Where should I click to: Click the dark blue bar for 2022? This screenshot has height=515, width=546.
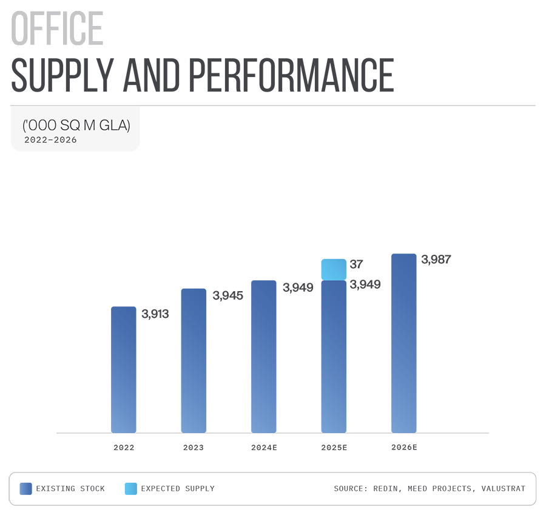click(x=124, y=369)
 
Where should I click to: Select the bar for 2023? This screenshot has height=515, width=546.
click(x=194, y=360)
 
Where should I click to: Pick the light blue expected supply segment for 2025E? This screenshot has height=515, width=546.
click(x=334, y=269)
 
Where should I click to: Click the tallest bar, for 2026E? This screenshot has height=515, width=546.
click(x=404, y=343)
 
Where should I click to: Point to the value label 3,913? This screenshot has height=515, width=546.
click(x=155, y=314)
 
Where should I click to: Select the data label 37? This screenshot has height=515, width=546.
click(x=357, y=265)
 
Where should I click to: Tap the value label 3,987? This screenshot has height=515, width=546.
click(x=436, y=260)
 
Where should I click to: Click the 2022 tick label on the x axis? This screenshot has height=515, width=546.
click(x=124, y=448)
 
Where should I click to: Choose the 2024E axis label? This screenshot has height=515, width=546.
click(x=264, y=448)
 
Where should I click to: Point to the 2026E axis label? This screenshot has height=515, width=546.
click(x=404, y=448)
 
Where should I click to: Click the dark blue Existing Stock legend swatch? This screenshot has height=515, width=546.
click(x=25, y=488)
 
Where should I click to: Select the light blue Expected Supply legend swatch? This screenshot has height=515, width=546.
click(x=130, y=488)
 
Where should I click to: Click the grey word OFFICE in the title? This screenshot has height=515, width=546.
click(x=58, y=29)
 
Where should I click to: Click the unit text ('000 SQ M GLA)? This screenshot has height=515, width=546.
click(x=76, y=126)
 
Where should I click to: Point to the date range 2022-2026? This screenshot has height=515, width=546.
click(x=50, y=140)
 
